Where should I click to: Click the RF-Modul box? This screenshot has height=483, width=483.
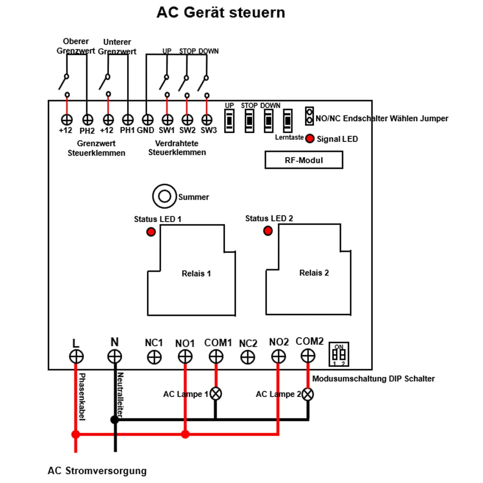click(304, 160)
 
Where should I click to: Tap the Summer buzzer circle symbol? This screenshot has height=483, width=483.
click(165, 196)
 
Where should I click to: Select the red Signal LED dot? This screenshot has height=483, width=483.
click(310, 138)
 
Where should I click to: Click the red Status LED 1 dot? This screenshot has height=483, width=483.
click(151, 232)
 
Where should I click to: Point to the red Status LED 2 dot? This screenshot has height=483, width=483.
click(268, 231)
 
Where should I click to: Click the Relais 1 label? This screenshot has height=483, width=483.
click(196, 273)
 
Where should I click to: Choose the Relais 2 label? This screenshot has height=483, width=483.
click(314, 273)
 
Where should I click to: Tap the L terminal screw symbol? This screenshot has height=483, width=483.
click(76, 356)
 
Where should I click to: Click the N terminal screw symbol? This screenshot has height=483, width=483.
click(114, 356)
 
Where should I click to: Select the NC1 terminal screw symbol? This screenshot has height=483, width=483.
click(154, 357)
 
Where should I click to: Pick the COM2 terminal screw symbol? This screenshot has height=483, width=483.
click(308, 356)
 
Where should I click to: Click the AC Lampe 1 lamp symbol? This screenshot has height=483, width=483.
click(215, 394)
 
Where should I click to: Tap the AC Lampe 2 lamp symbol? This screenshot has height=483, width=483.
click(308, 394)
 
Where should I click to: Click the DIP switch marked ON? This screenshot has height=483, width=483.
click(339, 355)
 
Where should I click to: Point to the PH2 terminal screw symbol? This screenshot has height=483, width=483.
click(86, 119)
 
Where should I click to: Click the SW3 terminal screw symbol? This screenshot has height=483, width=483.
click(207, 119)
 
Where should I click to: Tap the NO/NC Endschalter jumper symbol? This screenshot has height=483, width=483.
click(309, 116)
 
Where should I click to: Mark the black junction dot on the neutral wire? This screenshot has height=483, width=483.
click(114, 420)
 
